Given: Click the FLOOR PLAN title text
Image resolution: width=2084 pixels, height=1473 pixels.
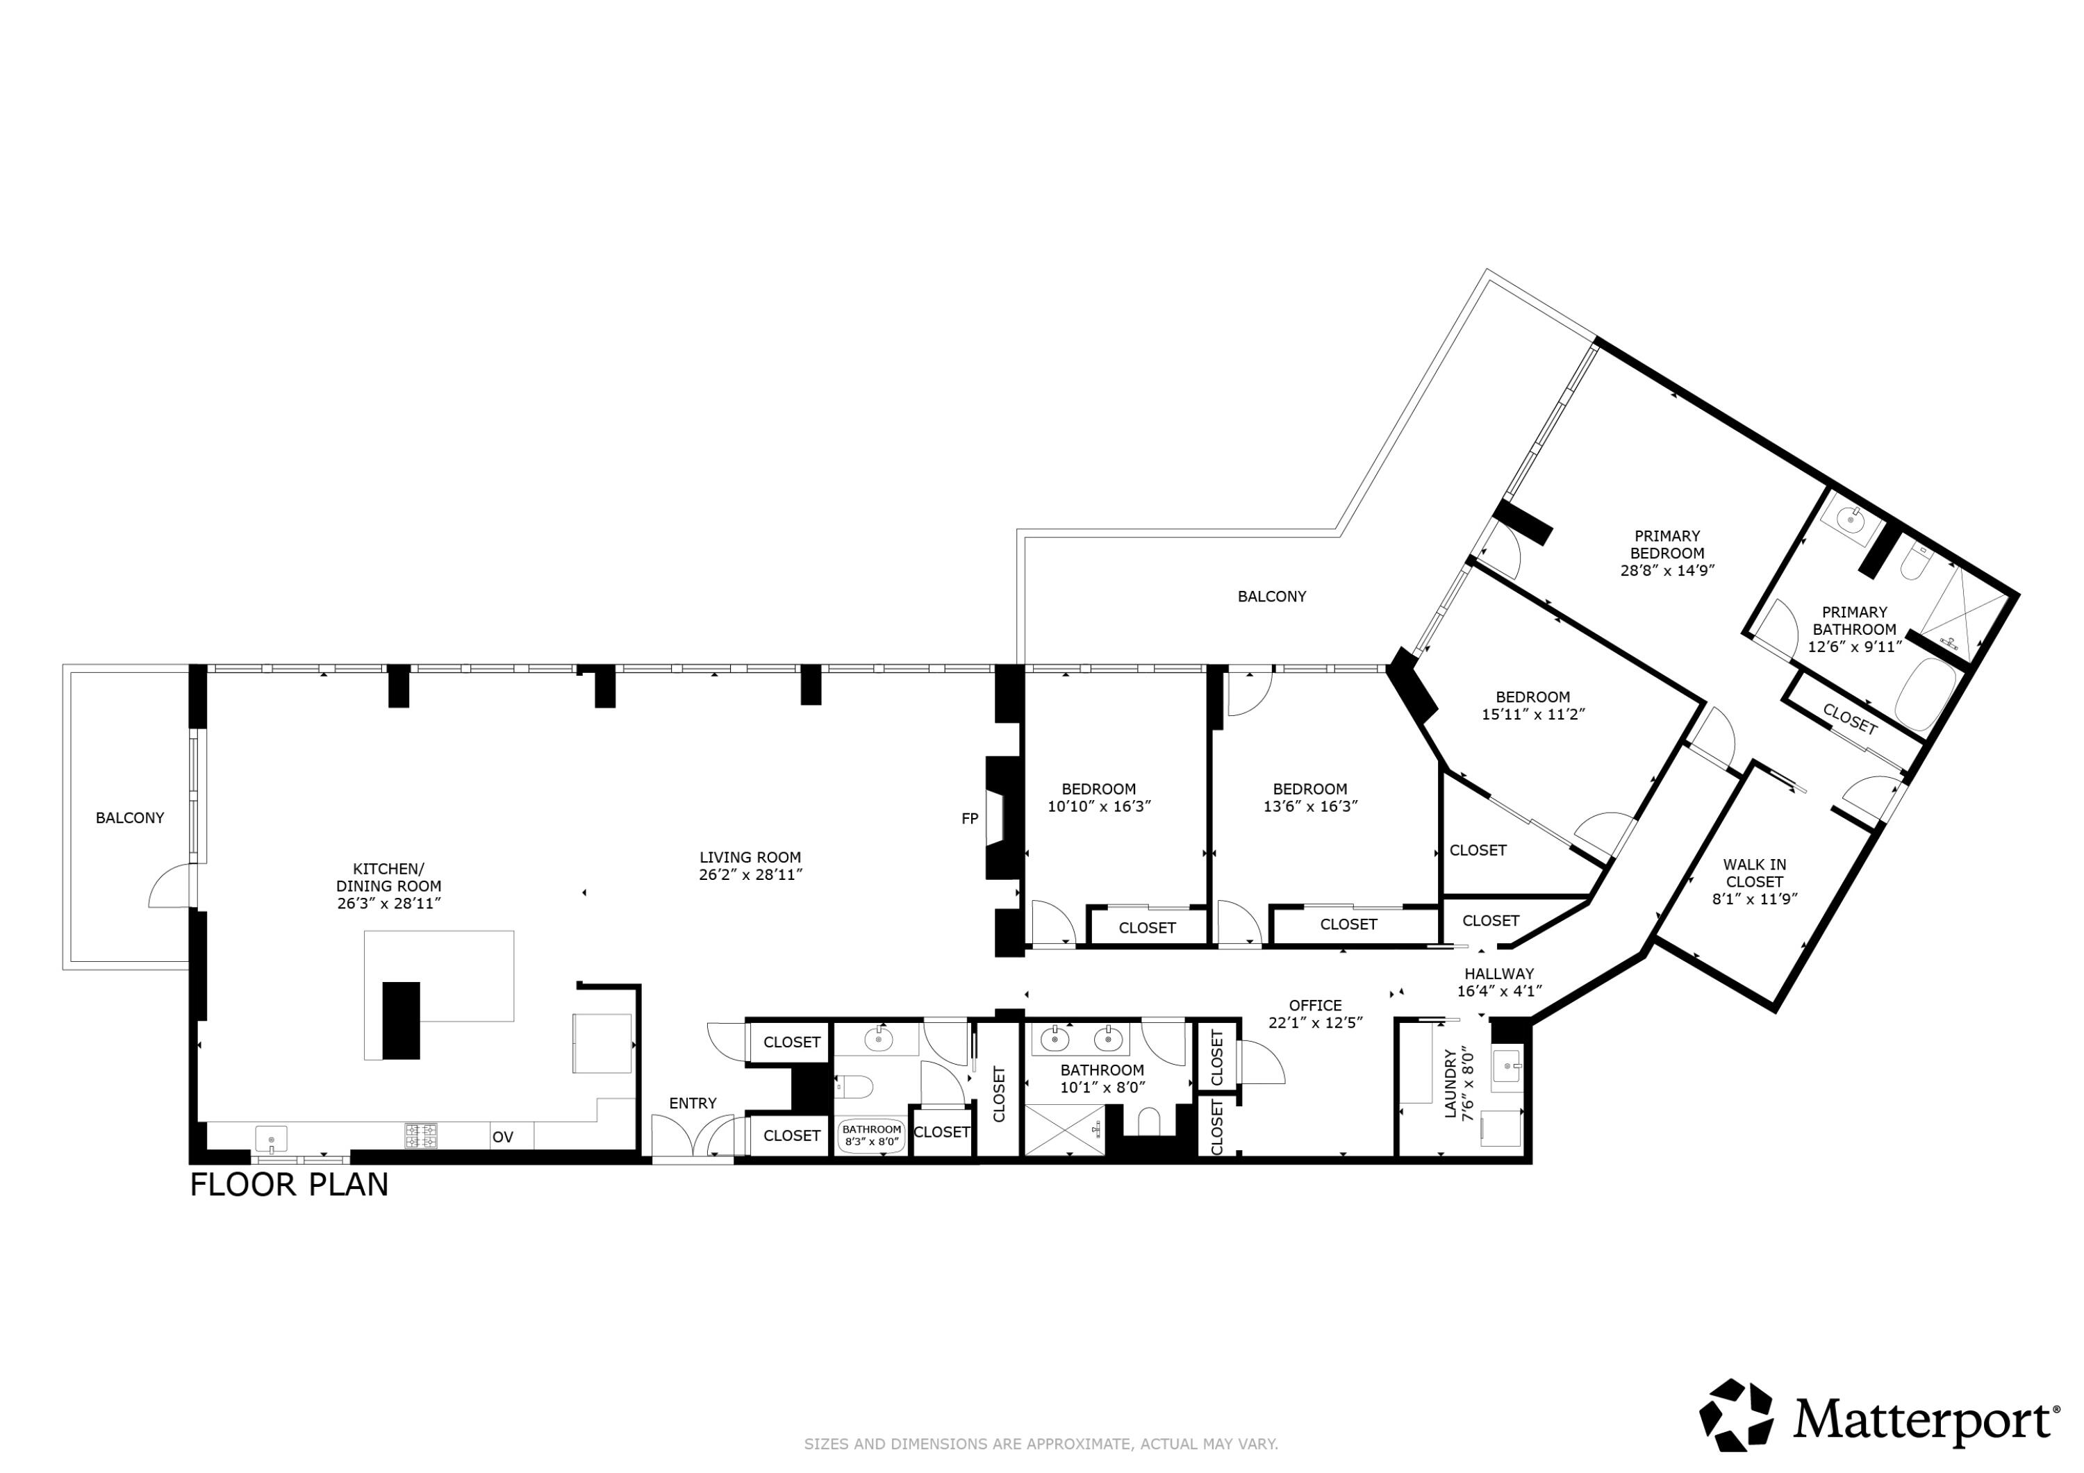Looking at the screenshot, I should pos(289,1185).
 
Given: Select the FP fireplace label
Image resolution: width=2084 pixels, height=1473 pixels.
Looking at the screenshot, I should pos(969,819).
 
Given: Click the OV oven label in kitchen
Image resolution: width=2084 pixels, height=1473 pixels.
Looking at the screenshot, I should pos(502,1137).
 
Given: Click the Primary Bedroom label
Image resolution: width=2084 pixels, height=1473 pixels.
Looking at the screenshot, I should pos(1667,544).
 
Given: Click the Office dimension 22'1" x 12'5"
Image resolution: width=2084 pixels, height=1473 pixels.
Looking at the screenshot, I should pos(1315,1022).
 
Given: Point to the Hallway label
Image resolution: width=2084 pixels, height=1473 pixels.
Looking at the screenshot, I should pos(1498,974).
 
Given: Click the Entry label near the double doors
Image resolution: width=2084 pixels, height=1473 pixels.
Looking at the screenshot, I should pos(693,1104).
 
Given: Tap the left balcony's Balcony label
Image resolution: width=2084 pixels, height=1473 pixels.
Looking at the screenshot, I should pos(130,817).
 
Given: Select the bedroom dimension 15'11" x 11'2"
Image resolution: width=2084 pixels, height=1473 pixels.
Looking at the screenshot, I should pos(1532,714).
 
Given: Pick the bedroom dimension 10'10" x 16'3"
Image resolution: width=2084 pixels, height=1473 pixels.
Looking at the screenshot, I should pos(1098,806).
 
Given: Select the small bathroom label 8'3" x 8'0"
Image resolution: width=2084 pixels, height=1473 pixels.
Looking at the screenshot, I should pos(871,1142).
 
